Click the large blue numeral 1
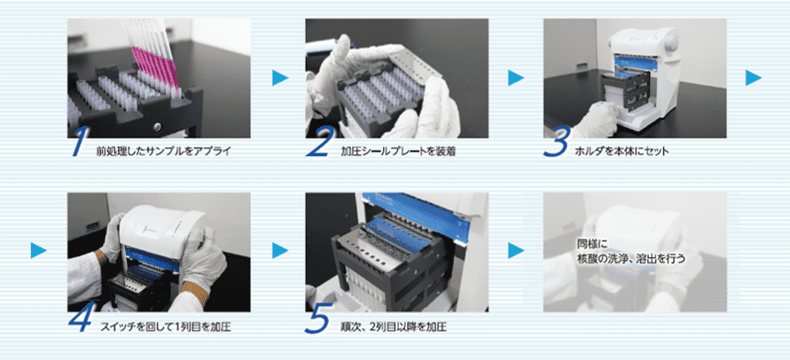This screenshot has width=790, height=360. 80,142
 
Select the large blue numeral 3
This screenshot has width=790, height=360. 557,142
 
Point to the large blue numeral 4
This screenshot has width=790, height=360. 82,317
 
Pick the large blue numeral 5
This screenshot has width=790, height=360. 317,317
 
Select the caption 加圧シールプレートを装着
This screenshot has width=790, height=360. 398,151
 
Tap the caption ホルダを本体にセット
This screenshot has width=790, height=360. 622,151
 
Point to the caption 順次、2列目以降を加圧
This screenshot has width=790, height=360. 394,326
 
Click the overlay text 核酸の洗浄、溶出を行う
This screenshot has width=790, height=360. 632,258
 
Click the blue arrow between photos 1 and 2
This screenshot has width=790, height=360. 280,78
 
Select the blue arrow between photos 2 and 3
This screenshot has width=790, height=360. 516,78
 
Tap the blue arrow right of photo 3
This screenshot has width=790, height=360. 754,78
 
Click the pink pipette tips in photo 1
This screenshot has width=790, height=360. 156,68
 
